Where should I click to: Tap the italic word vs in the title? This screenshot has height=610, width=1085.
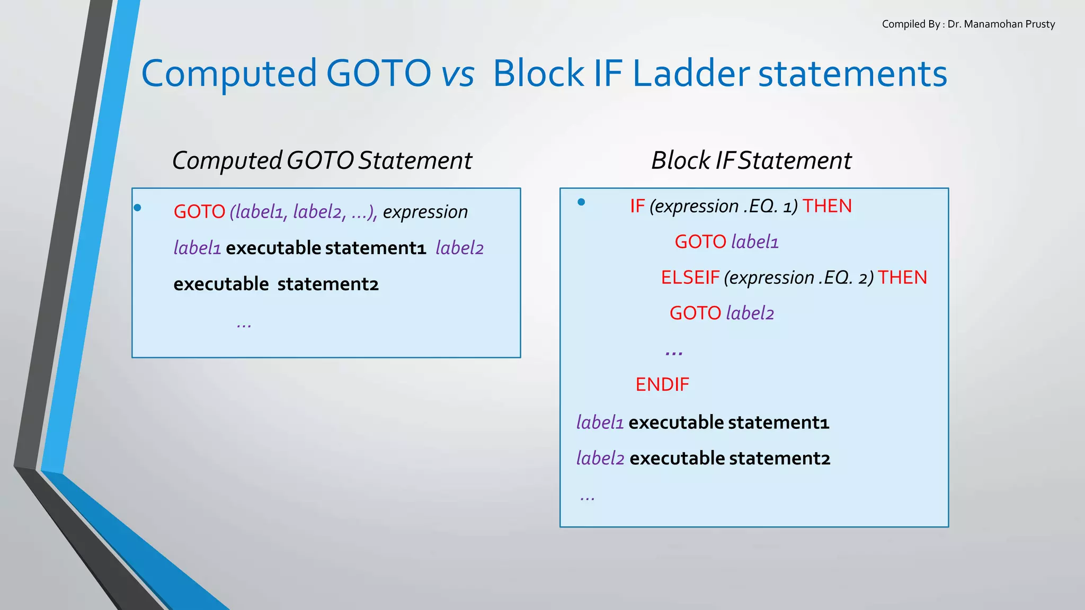pyautogui.click(x=458, y=74)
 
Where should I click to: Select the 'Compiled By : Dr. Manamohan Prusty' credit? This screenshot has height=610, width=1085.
pyautogui.click(x=968, y=24)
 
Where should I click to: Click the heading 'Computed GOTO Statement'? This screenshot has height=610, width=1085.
pyautogui.click(x=322, y=160)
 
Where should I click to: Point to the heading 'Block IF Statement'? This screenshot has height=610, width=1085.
pyautogui.click(x=751, y=160)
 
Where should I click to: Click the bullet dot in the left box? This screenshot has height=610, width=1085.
pyautogui.click(x=138, y=208)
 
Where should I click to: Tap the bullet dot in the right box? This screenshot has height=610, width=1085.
pyautogui.click(x=581, y=202)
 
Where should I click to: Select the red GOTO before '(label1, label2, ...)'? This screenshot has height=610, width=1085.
pyautogui.click(x=199, y=212)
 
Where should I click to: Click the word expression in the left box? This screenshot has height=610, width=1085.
pyautogui.click(x=425, y=212)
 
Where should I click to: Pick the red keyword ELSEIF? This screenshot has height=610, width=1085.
pyautogui.click(x=690, y=277)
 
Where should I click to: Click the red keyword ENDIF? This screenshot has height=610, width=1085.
pyautogui.click(x=662, y=384)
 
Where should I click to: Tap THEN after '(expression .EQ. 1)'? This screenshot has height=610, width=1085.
pyautogui.click(x=827, y=206)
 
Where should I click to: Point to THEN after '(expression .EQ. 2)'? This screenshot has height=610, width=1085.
pyautogui.click(x=902, y=277)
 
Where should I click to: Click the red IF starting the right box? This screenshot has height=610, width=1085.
pyautogui.click(x=637, y=206)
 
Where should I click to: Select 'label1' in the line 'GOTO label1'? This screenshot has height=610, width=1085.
pyautogui.click(x=754, y=242)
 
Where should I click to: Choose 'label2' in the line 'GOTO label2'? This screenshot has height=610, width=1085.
pyautogui.click(x=750, y=313)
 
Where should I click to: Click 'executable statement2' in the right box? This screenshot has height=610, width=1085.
pyautogui.click(x=730, y=458)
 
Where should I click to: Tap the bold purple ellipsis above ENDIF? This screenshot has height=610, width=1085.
pyautogui.click(x=674, y=352)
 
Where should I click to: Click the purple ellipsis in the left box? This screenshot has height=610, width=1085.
pyautogui.click(x=244, y=325)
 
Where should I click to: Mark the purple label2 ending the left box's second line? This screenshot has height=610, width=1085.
pyautogui.click(x=459, y=248)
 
